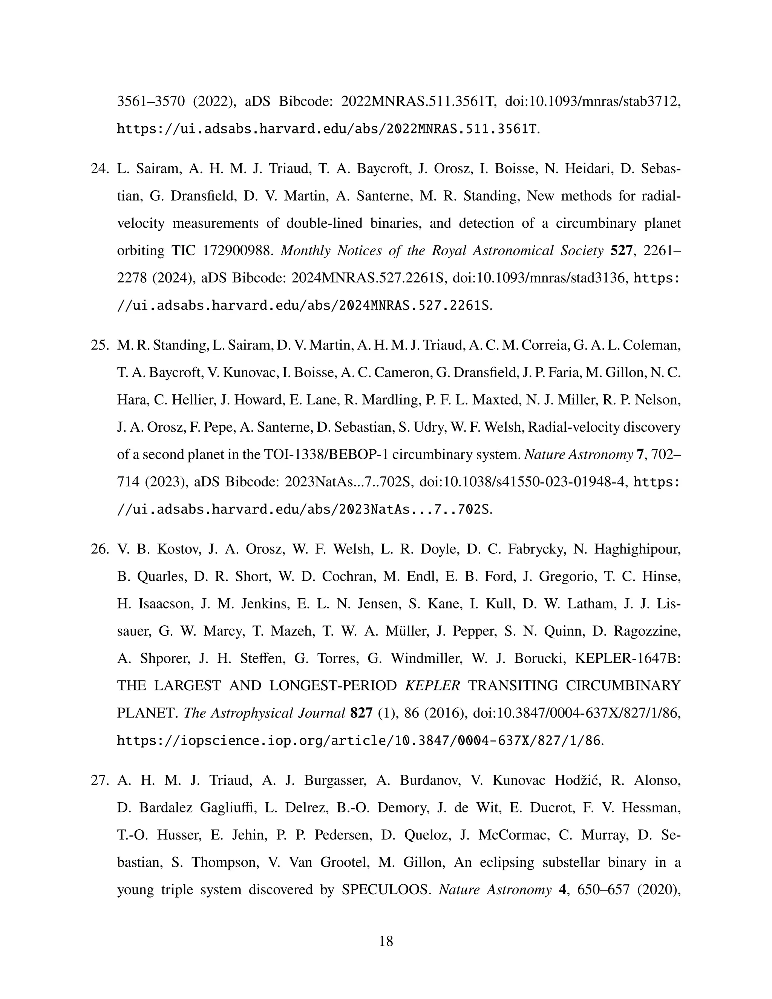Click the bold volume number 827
click(361, 713)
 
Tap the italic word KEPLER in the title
click(433, 686)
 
